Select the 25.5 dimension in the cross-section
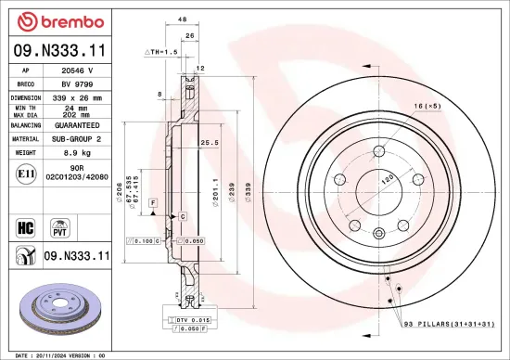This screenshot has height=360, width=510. point(210,143)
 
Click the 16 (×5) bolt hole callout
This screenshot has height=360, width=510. point(427,109)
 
